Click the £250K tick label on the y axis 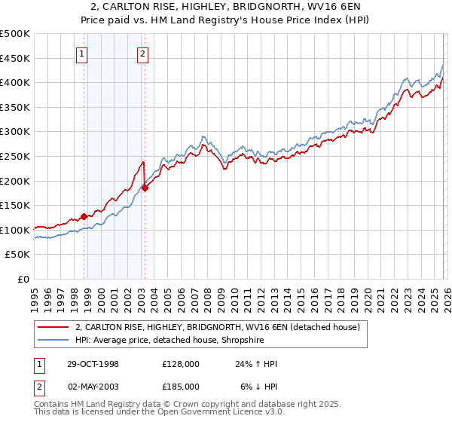point(15,156)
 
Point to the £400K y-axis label point(15,82)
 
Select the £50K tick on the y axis point(17,255)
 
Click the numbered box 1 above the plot point(81,54)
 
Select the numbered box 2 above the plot point(142,54)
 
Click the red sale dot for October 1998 point(84,216)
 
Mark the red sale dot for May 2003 point(145,188)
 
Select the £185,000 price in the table point(181,385)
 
